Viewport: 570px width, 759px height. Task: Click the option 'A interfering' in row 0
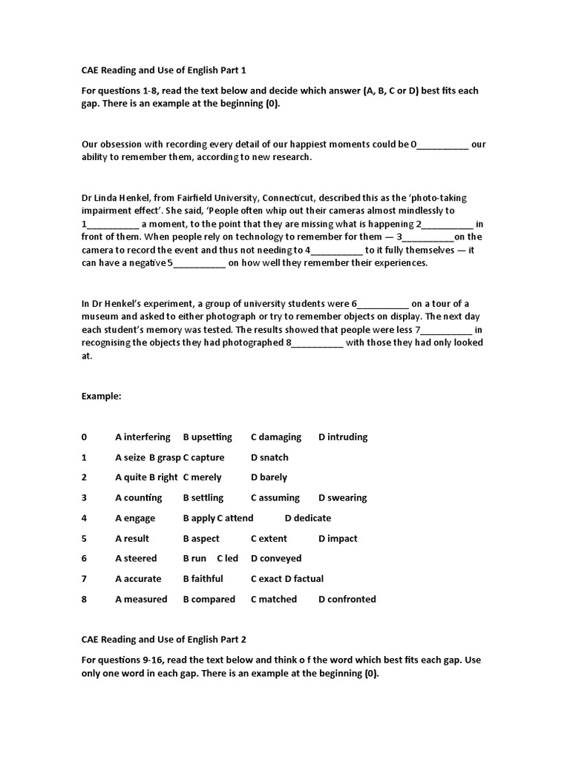coord(142,437)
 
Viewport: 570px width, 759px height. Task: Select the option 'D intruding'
coord(343,437)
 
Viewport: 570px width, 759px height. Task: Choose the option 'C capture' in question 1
coord(203,457)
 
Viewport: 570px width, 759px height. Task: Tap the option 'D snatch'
coord(269,457)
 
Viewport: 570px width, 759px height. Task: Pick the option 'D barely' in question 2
coord(269,477)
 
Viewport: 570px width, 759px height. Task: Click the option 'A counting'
coord(138,498)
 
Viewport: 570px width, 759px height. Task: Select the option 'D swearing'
coord(342,498)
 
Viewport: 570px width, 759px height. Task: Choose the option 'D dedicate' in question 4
coord(307,518)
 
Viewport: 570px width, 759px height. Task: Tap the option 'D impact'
coord(338,539)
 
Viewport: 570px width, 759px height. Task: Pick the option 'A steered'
coord(136,558)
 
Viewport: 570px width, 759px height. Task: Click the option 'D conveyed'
coord(276,558)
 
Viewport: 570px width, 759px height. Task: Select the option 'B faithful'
coord(203,579)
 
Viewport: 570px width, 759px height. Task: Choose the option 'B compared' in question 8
coord(209,599)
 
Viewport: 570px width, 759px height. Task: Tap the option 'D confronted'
coord(347,599)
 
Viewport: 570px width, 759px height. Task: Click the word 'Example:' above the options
coord(101,397)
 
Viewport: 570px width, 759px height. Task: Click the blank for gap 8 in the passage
coord(318,343)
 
